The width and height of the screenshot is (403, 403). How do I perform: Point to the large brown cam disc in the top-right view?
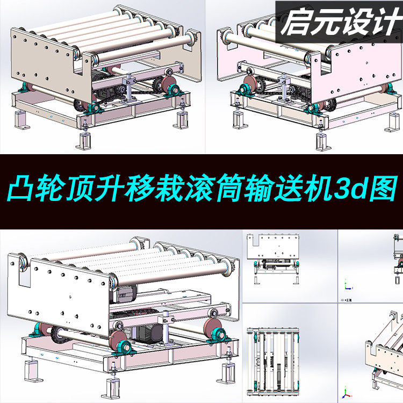pyautogui.click(x=249, y=88)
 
